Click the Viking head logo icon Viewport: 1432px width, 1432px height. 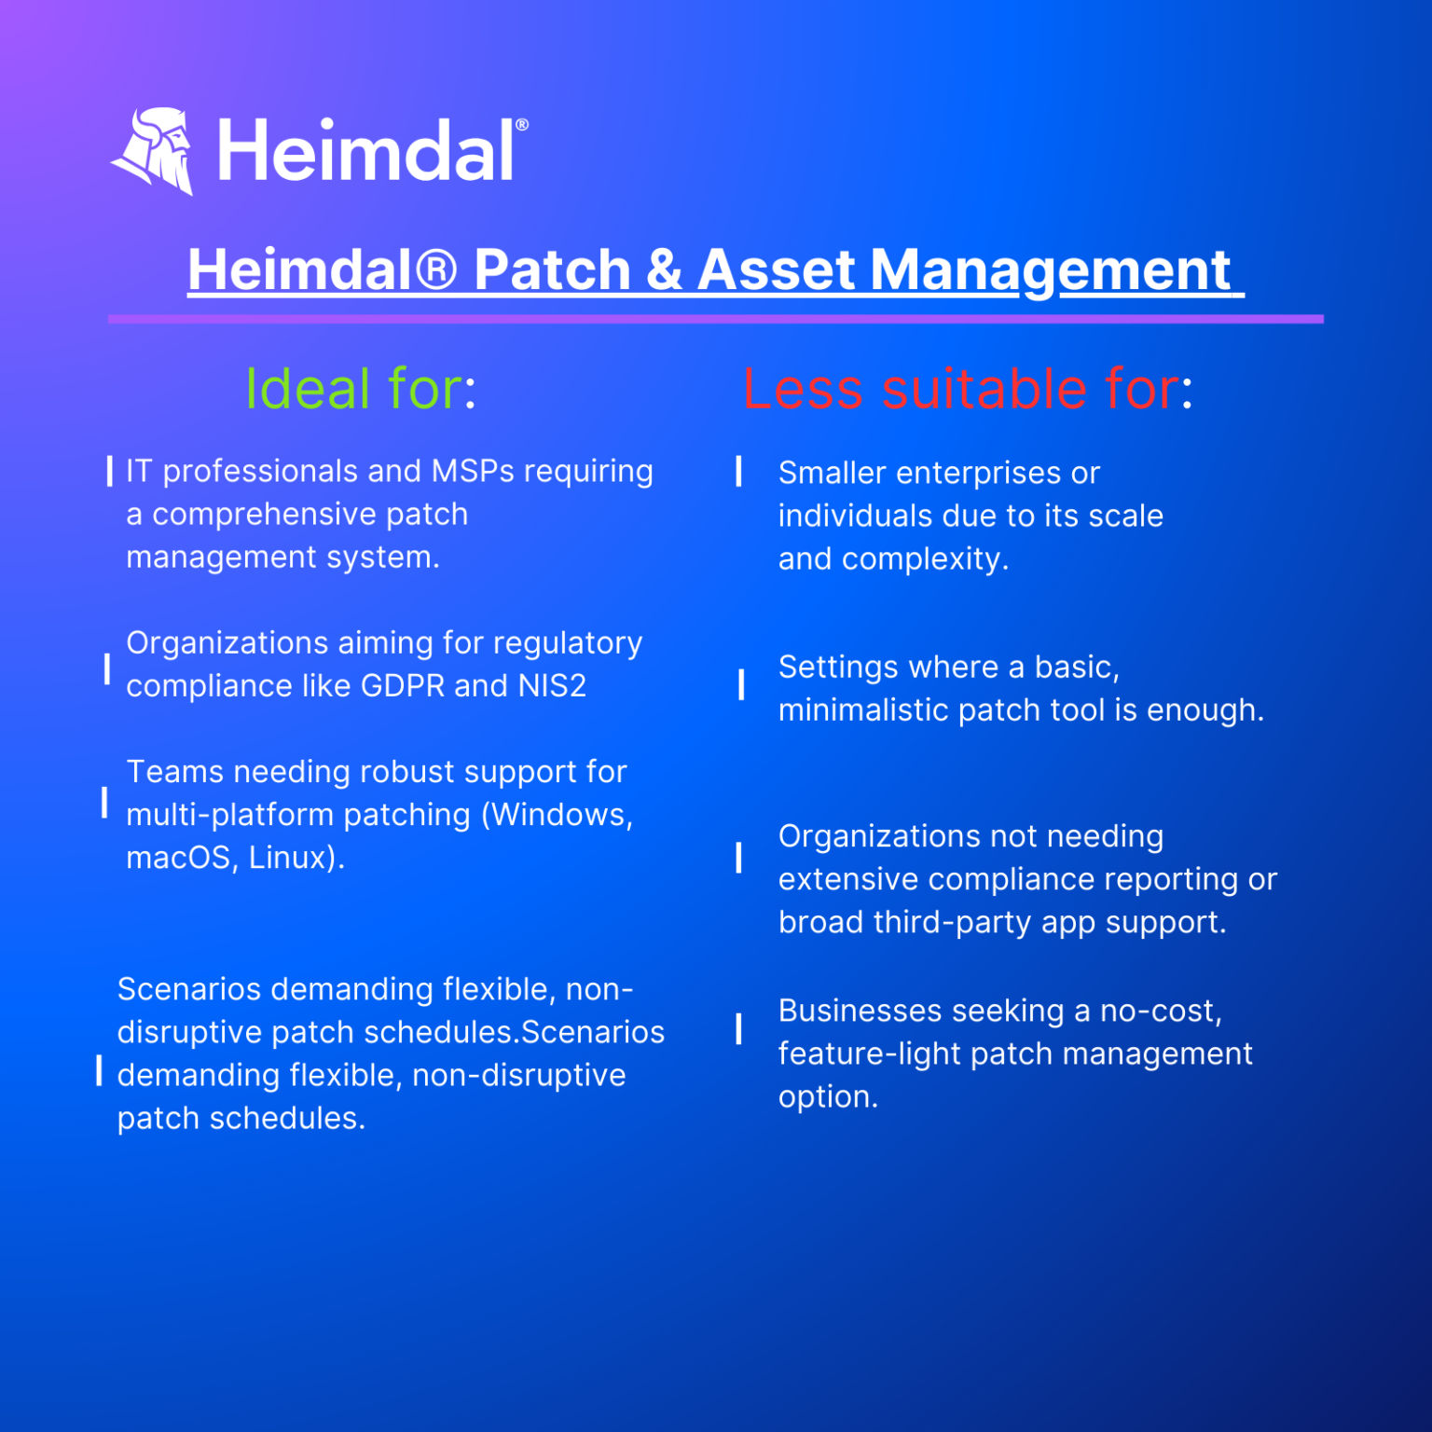pos(154,150)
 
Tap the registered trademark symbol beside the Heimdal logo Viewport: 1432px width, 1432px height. pos(522,125)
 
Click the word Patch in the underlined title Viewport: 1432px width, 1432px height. pos(552,270)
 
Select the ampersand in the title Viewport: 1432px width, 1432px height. pos(663,270)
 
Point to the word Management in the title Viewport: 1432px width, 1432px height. pos(1050,270)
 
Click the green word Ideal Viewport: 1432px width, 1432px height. pos(308,389)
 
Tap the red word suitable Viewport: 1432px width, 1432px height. pos(984,389)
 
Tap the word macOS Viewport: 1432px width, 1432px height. pos(178,858)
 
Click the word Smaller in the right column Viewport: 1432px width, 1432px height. pos(832,474)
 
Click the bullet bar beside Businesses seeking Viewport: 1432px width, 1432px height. pos(738,1028)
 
